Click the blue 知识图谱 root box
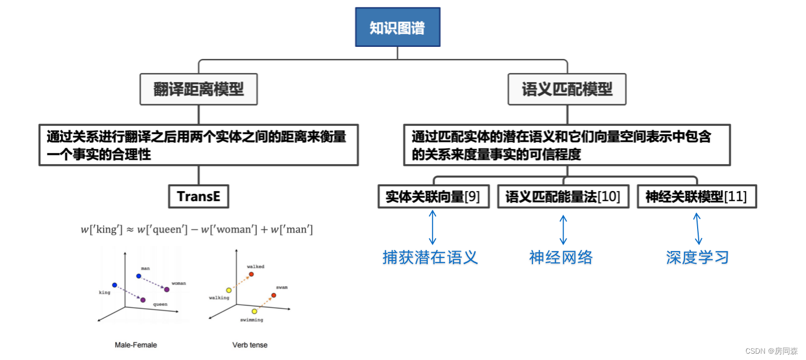[x=397, y=27]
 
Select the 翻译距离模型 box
[x=198, y=89]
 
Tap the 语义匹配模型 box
[x=567, y=89]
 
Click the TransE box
[x=198, y=197]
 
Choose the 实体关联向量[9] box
[x=432, y=197]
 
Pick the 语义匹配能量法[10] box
[x=563, y=197]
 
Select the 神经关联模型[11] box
[x=696, y=197]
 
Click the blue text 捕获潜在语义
[x=430, y=257]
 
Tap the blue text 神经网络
[x=561, y=257]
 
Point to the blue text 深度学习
[x=697, y=257]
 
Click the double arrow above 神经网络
[x=563, y=229]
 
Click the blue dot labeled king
[x=114, y=285]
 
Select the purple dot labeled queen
[x=143, y=300]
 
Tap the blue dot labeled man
[x=138, y=276]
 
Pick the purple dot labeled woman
[x=167, y=289]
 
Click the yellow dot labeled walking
[x=228, y=290]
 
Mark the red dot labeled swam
[x=274, y=295]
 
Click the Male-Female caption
[x=136, y=345]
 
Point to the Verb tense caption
[x=250, y=345]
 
